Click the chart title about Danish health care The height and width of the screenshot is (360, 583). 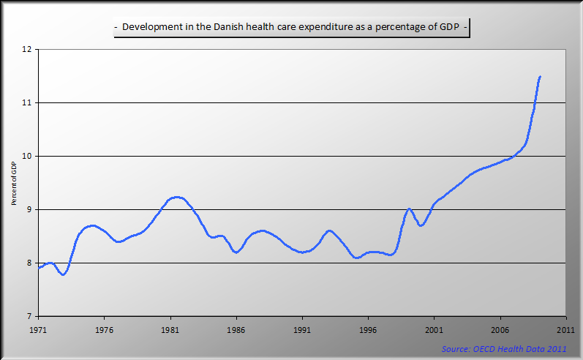(292, 29)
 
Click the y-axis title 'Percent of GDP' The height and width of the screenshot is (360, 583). (14, 183)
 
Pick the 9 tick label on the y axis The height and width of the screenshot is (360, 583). (30, 210)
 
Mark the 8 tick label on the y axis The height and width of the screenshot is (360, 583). (30, 263)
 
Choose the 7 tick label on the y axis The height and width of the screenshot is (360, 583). (30, 317)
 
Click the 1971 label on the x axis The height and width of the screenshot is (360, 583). (39, 329)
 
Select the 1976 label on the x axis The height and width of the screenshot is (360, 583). (105, 329)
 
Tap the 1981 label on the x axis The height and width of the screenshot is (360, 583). (170, 329)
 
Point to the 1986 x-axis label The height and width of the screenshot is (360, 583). (236, 329)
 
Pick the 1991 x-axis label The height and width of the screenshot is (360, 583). (302, 329)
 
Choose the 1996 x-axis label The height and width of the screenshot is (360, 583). (368, 329)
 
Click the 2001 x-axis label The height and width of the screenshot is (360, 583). (434, 329)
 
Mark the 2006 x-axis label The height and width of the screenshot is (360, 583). (500, 329)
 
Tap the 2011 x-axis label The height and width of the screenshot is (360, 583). (565, 329)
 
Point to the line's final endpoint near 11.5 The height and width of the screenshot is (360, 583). (540, 76)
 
